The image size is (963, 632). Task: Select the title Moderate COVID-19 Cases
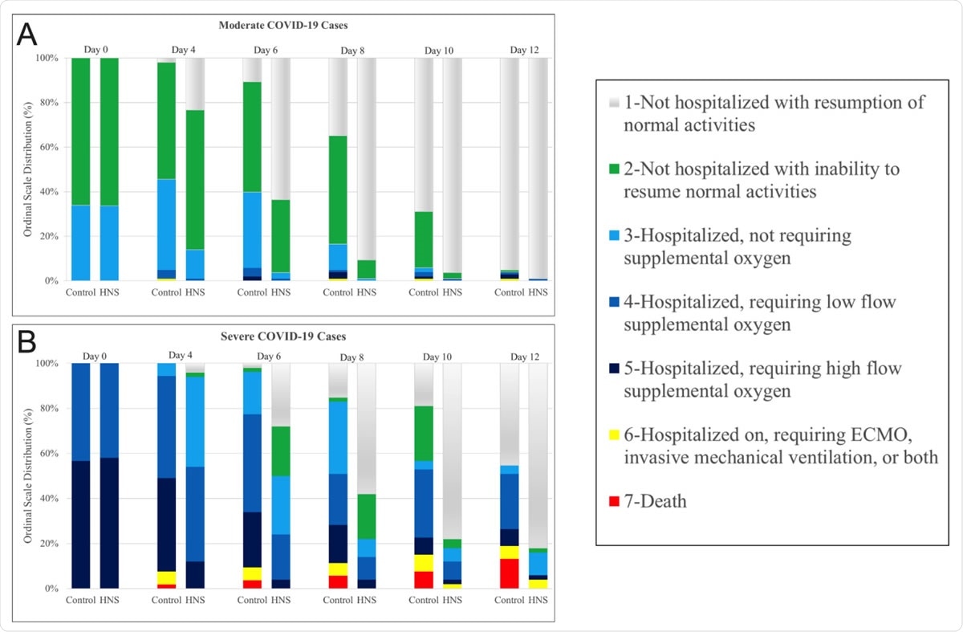tap(278, 26)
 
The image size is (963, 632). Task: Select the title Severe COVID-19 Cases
tap(278, 336)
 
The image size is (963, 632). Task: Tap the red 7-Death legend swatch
tap(614, 503)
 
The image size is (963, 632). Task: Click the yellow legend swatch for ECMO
tap(614, 434)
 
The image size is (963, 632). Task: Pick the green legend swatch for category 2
tap(614, 169)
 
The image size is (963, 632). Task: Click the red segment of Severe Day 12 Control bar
tap(509, 573)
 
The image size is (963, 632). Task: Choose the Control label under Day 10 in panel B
tap(424, 600)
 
